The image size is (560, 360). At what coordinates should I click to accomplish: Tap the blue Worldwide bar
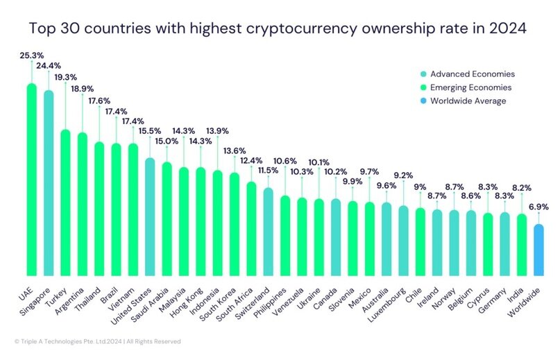tap(538, 249)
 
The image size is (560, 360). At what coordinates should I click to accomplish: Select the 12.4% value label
tap(251, 161)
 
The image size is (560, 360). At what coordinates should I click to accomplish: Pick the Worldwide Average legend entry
tap(468, 101)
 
